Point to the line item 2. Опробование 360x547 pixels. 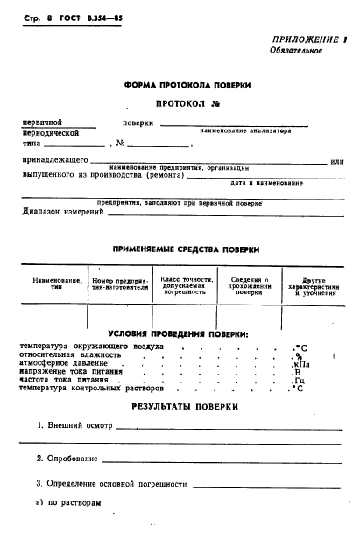point(67,459)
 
